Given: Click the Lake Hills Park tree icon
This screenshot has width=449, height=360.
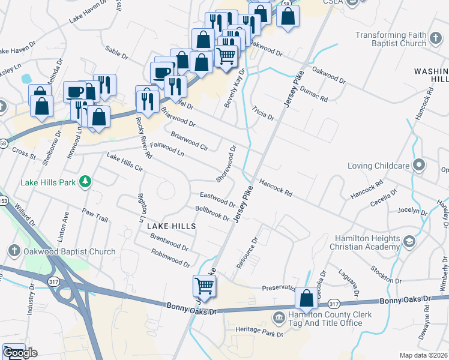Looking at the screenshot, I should point(86,181).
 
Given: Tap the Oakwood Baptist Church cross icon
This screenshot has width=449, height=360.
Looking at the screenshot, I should point(14,251).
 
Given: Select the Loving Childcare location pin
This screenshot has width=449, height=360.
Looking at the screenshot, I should point(419,165).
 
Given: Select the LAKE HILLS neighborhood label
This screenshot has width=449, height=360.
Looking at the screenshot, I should point(172,226).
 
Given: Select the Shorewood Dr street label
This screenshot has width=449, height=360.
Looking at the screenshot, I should point(228,163).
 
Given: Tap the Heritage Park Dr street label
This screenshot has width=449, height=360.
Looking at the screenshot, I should point(259,333).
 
